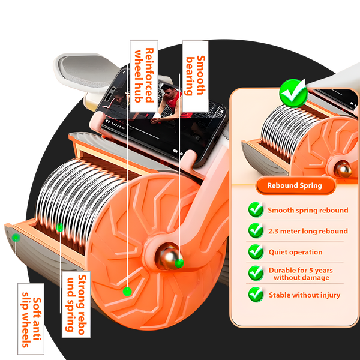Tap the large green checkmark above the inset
click(293, 93)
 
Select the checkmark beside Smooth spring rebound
click(256, 210)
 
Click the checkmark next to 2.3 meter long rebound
click(256, 230)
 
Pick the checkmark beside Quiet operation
click(256, 251)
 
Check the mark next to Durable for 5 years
click(256, 274)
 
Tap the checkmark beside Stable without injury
click(256, 295)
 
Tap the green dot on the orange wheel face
click(127, 292)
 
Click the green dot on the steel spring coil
click(60, 227)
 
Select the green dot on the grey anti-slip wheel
click(16, 238)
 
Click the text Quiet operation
click(295, 252)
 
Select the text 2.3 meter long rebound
click(308, 231)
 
